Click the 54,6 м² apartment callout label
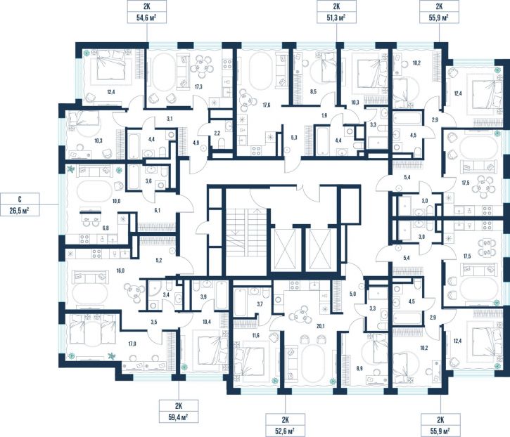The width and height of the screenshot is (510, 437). coord(147,12)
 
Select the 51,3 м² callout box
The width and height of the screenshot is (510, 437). coord(336,12)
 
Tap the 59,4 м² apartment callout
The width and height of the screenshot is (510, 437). coord(179,411)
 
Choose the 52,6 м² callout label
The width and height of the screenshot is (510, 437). coord(286,424)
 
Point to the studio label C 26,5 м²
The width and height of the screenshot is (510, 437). coord(20,204)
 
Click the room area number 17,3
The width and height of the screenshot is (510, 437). coord(198,86)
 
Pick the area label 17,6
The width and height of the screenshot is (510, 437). coord(266,105)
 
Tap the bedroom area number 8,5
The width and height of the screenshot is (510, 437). coord(313,91)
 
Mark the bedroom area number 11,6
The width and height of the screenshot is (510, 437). coord(255,335)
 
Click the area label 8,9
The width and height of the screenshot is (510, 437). coord(359,368)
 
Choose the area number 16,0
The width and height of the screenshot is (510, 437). coord(120,270)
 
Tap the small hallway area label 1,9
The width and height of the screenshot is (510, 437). coord(324,115)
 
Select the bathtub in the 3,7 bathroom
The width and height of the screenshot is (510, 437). coord(240,303)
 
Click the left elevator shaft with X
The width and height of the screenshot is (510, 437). coord(285,249)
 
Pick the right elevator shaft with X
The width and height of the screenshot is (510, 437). coord(320,249)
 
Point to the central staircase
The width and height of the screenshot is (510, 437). coord(246,233)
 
